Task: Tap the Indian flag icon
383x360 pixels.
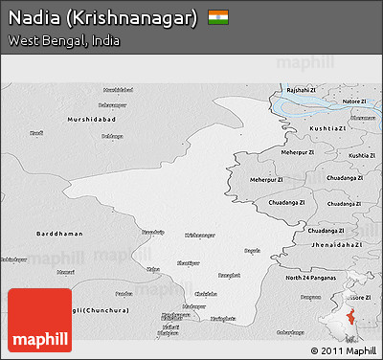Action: [x=218, y=17]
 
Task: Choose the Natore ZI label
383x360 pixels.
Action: [x=355, y=101]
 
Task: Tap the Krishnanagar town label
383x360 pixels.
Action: [x=200, y=235]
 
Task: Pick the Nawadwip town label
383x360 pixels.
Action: [x=153, y=232]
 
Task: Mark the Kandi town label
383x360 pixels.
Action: [x=36, y=133]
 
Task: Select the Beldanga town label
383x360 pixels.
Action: [x=113, y=135]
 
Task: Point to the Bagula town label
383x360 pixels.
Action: [x=252, y=250]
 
